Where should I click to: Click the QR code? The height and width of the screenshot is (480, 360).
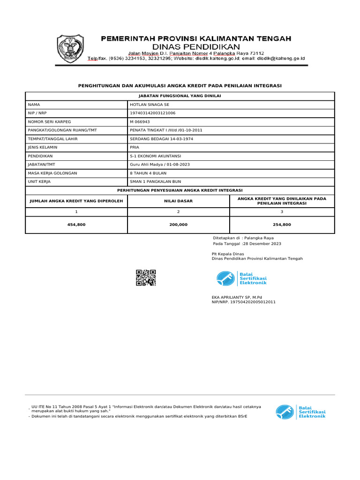pos(146,278)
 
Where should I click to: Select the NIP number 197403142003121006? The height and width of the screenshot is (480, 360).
pos(152,113)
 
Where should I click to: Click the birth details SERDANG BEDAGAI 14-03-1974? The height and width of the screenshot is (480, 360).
pos(161,139)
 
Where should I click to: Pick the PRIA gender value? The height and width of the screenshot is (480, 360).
pos(135,147)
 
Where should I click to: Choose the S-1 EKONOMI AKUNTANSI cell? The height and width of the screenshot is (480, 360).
pos(155,156)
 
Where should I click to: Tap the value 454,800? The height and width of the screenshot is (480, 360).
pos(76,225)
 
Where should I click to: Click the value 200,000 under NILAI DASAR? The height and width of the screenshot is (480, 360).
pos(178,225)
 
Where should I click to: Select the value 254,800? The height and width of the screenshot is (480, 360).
pos(282,225)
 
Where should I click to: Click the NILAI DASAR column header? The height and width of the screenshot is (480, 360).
pos(178,201)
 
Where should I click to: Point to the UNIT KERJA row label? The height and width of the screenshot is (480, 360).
pos(39,181)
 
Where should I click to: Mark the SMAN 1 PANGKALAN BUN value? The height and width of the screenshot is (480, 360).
pos(155,181)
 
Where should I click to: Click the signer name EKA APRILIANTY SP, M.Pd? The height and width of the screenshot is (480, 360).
pos(237,297)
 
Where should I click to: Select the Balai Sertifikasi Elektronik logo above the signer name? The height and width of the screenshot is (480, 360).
pos(241,278)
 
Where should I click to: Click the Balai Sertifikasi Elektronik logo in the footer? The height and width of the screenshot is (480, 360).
pos(300,412)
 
